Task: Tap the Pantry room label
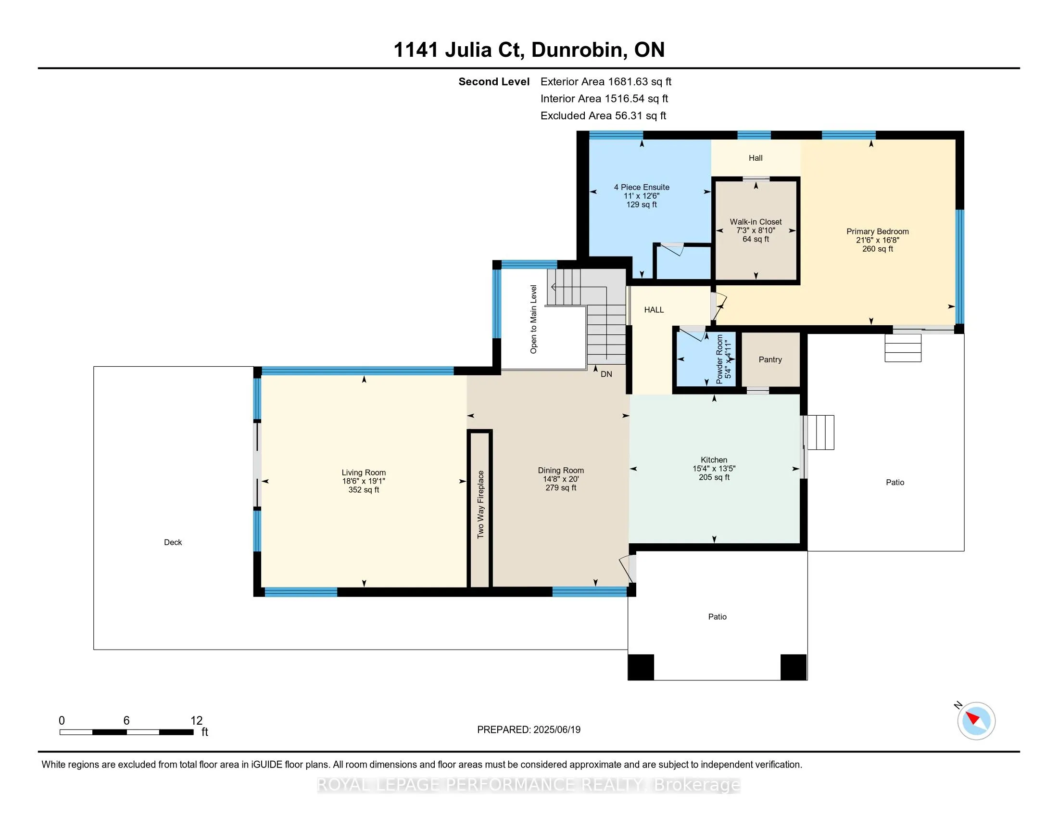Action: pos(770,359)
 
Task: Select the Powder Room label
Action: pos(719,359)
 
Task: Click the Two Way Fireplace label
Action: pos(480,504)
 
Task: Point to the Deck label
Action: pos(173,542)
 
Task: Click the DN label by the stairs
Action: pos(606,374)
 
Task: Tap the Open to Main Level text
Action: pos(533,320)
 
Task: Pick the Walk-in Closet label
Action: pos(756,222)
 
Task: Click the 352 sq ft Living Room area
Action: pos(364,490)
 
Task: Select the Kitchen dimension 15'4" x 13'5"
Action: pos(714,469)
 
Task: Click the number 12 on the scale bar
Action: pos(196,721)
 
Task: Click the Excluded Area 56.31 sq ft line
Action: pos(603,116)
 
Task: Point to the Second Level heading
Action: pos(494,82)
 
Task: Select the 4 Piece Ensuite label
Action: pos(642,187)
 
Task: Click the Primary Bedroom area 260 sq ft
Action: pos(878,249)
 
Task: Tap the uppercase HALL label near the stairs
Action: pos(654,310)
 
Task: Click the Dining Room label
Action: pos(561,471)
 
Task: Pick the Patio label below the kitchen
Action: pos(718,617)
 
